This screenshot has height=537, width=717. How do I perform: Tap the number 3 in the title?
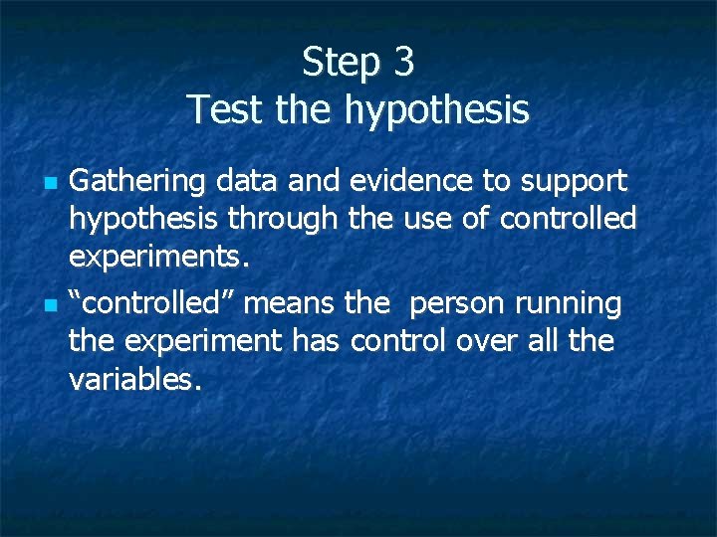403,63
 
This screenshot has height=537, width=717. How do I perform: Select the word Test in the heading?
225,108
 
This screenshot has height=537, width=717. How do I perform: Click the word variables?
134,379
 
